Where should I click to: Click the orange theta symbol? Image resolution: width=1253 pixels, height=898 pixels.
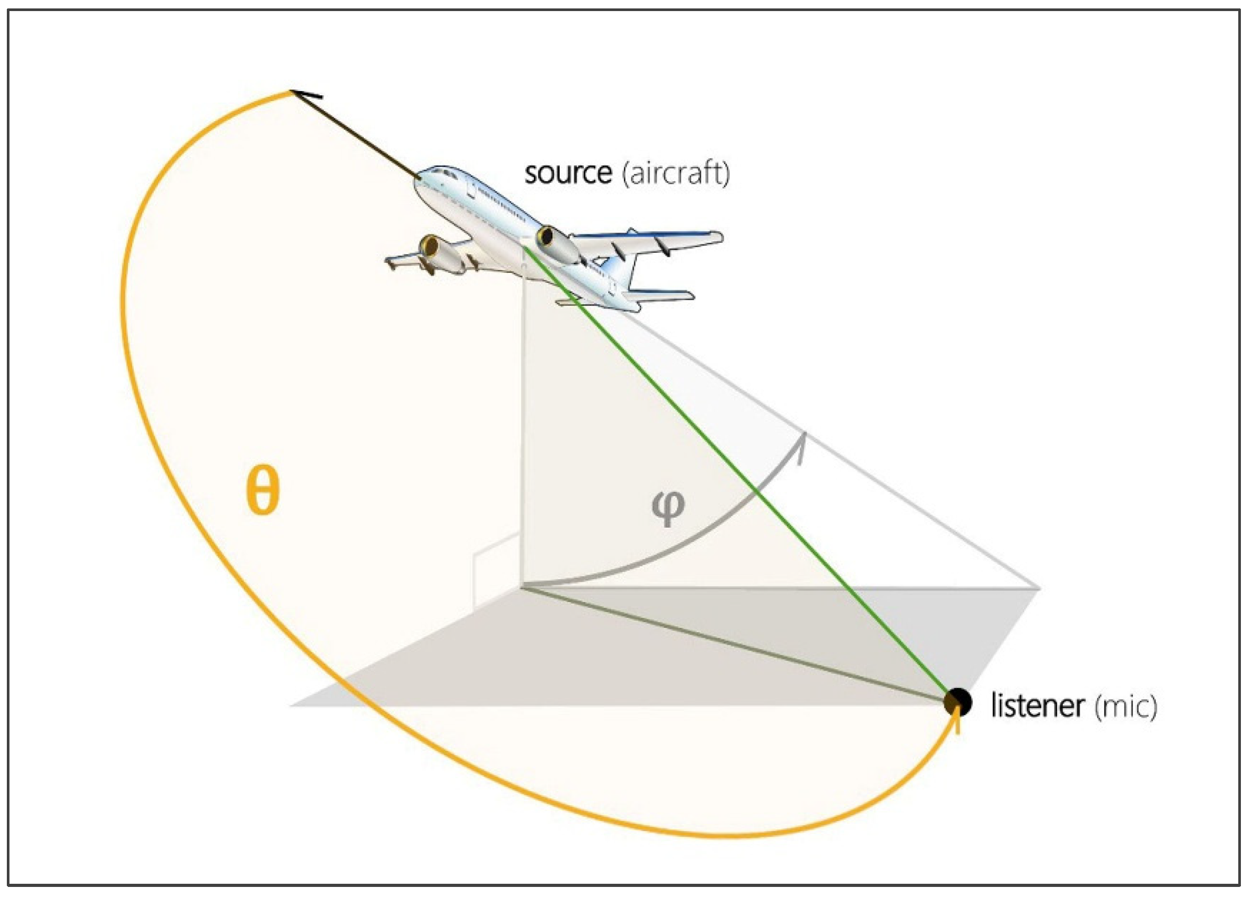click(x=262, y=490)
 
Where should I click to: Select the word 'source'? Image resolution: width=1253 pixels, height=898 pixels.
click(x=568, y=173)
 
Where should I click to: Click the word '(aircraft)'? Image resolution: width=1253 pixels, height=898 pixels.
click(x=675, y=173)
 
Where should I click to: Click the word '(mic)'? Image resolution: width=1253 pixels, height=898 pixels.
click(x=1126, y=706)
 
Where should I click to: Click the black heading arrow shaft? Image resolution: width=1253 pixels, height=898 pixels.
click(x=359, y=138)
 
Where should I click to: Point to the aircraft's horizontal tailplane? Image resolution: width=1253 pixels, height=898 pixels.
click(x=663, y=295)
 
